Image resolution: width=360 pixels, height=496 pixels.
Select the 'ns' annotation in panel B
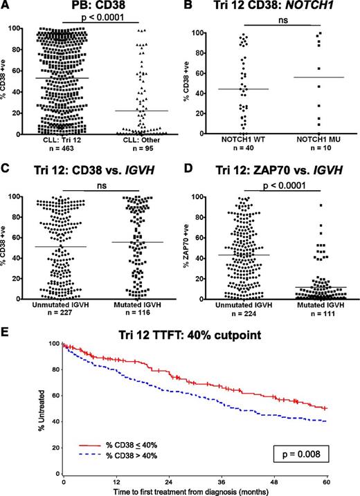coord(277,21)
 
